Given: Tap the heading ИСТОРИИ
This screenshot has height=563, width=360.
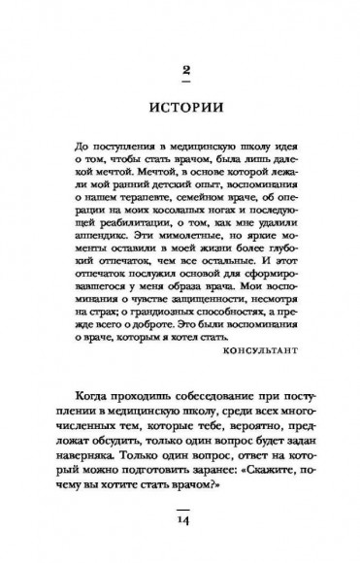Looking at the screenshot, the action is click(180, 105).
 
